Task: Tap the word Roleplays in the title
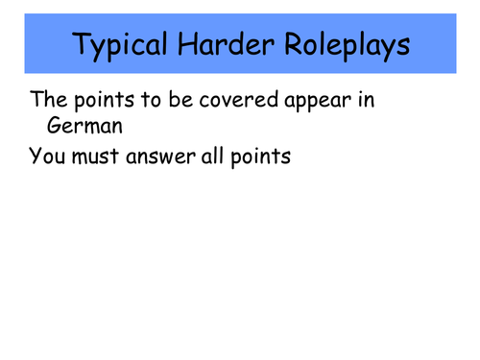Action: click(x=343, y=46)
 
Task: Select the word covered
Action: click(x=234, y=99)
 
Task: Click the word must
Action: click(x=100, y=156)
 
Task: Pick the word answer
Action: click(x=168, y=156)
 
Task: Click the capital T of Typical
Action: click(x=80, y=44)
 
